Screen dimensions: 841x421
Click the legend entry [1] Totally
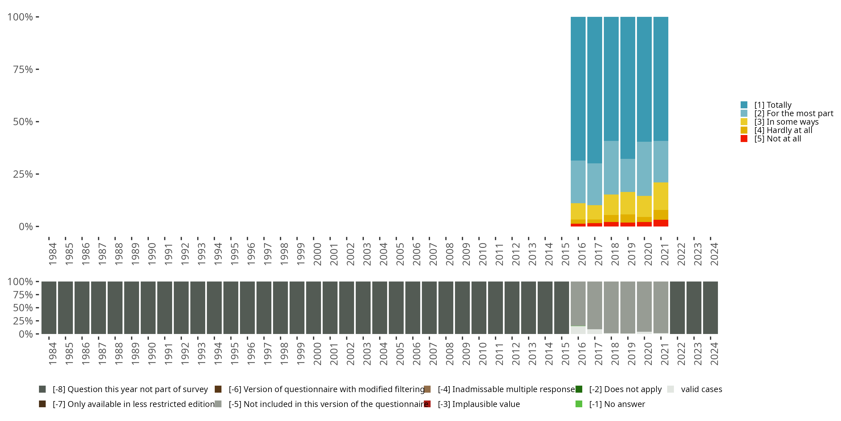tap(766, 105)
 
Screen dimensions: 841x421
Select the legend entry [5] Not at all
tap(771, 139)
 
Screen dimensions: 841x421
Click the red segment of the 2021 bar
tap(661, 223)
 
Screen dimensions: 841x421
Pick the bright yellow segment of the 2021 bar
tap(661, 196)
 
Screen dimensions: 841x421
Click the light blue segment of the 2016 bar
tap(578, 182)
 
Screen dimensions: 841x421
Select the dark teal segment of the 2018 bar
tap(611, 79)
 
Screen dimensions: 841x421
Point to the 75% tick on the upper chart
tap(38, 69)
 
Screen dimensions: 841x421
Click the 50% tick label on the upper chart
tap(23, 122)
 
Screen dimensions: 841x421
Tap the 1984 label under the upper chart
tap(53, 254)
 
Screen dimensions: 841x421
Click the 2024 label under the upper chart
tap(714, 254)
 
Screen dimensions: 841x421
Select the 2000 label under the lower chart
tap(317, 354)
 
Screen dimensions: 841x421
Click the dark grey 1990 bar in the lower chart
tap(148, 308)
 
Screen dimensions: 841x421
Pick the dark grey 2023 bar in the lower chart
tap(694, 308)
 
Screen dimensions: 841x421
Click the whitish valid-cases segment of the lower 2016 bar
tap(578, 330)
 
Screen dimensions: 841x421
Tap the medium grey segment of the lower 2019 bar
tap(628, 307)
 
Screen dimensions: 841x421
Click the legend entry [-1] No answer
tap(610, 404)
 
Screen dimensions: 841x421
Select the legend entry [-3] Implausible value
tap(472, 404)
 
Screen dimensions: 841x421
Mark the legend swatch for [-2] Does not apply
tap(579, 389)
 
